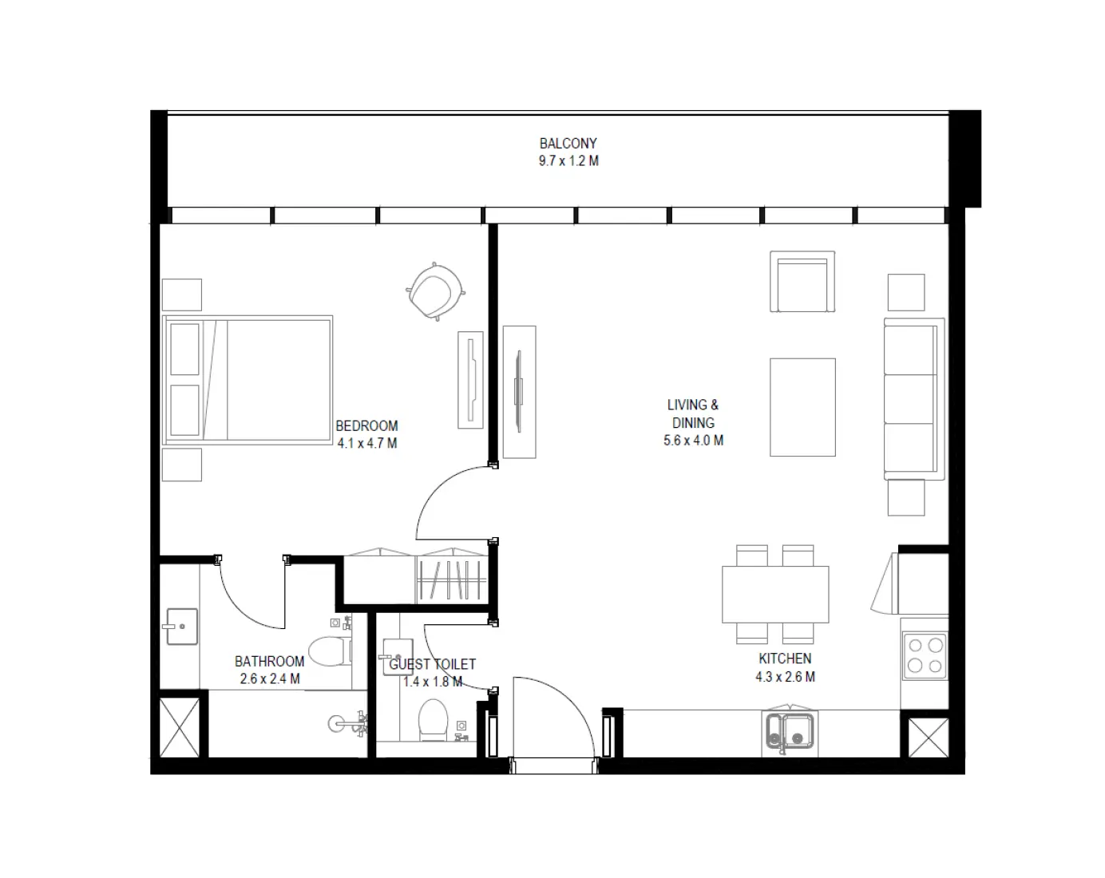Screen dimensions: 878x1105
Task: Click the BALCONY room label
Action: [x=568, y=144]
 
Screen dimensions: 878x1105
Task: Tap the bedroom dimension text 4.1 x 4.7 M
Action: [x=366, y=444]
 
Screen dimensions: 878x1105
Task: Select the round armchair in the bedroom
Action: [x=435, y=291]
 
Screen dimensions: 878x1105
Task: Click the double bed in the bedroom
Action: [x=248, y=379]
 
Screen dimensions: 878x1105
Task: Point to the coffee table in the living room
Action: [x=802, y=407]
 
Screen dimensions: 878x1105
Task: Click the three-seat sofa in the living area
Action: [x=913, y=398]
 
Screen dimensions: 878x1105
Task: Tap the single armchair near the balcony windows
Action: [x=802, y=282]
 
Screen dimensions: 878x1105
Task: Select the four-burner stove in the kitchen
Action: [x=925, y=655]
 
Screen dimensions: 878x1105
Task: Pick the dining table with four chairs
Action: [x=775, y=595]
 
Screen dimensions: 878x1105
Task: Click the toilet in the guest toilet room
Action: [x=434, y=719]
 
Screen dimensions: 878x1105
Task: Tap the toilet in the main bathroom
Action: [x=327, y=651]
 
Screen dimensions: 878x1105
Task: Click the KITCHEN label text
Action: [x=785, y=658]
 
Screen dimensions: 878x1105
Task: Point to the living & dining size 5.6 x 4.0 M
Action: [x=693, y=441]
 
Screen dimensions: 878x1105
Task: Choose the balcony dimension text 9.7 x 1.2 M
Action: [x=568, y=161]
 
